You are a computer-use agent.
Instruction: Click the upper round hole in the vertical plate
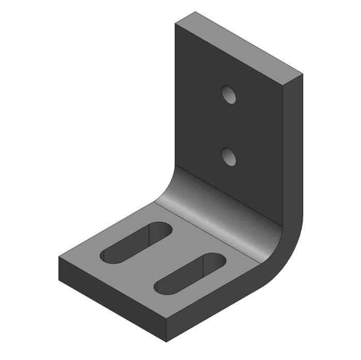tap(229, 94)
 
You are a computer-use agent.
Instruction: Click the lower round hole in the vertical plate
tap(229, 156)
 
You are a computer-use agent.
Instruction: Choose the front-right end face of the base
tap(217, 315)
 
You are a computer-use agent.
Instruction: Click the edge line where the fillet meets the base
tap(206, 231)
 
